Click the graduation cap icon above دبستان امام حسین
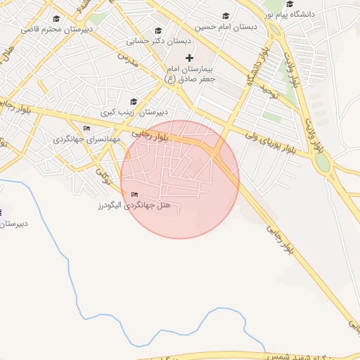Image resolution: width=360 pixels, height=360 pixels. click(x=226, y=16)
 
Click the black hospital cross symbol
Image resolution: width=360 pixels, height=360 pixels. click(x=188, y=58)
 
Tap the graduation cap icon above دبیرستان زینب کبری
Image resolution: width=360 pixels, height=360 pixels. click(x=134, y=101)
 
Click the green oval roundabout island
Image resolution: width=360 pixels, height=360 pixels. click(x=322, y=162)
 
